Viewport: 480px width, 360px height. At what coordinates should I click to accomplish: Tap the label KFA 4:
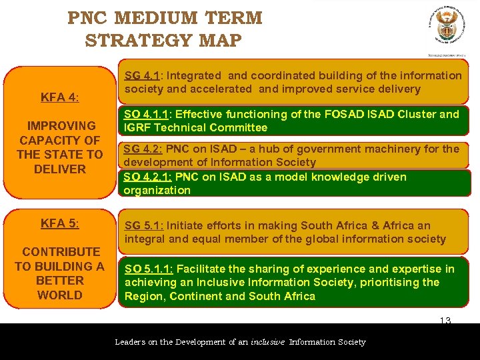[x=59, y=97]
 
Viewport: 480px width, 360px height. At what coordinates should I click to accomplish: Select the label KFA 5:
[x=59, y=223]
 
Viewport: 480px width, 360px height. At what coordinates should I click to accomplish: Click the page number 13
[x=445, y=321]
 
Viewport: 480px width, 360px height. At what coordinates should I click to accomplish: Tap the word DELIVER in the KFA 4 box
[x=59, y=169]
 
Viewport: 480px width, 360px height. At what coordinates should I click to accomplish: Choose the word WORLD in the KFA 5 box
[x=59, y=295]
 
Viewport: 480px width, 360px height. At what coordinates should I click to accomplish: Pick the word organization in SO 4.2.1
[x=157, y=190]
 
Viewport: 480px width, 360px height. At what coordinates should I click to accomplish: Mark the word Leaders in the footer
[x=133, y=342]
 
